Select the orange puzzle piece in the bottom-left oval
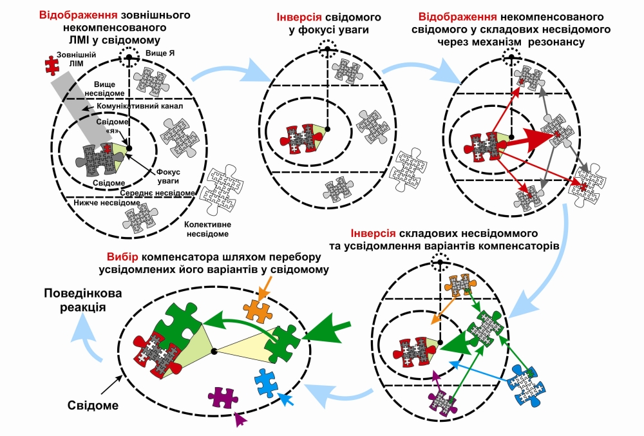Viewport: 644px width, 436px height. pyautogui.click(x=257, y=310)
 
